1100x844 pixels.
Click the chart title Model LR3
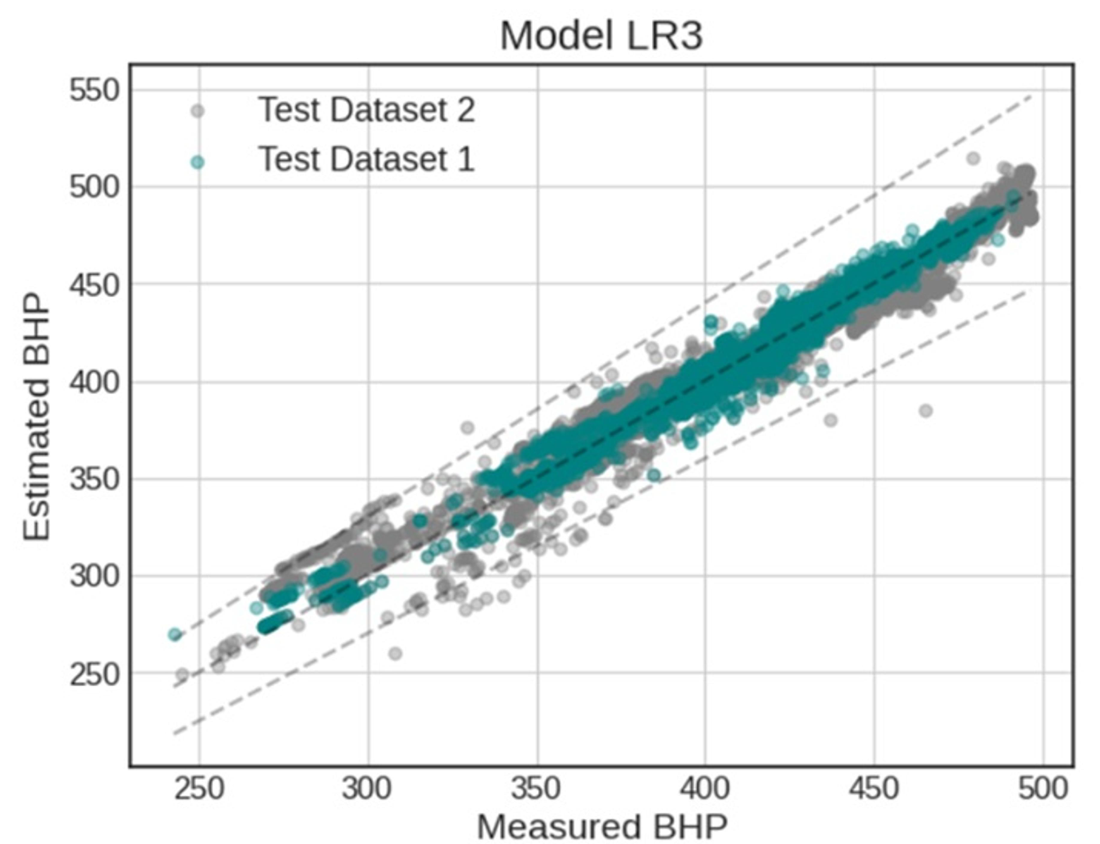(601, 36)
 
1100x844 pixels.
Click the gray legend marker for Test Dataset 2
(198, 111)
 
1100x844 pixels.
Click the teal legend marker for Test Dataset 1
(198, 162)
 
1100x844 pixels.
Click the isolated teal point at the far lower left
(174, 634)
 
